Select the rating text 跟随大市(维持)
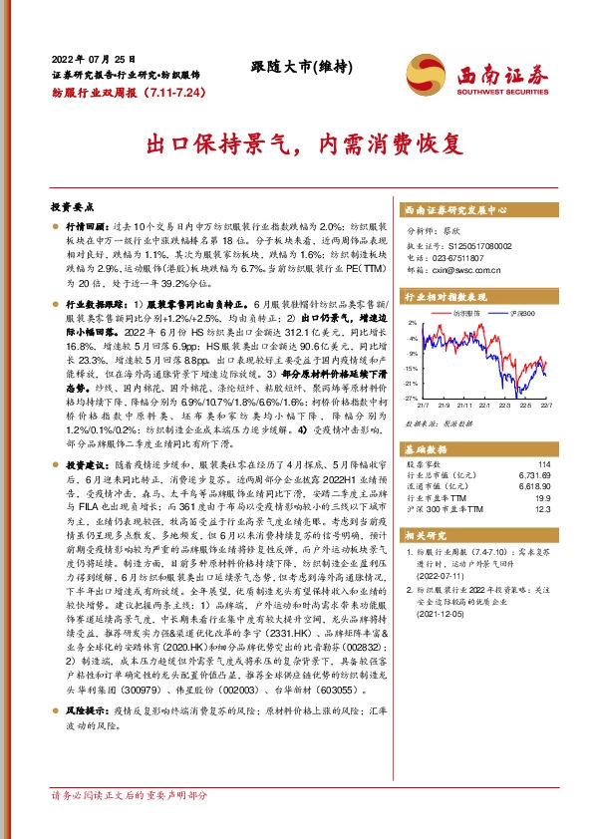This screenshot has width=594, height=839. coord(298,67)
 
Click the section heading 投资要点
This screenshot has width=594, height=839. coord(72,206)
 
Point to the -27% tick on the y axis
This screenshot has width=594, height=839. coord(412,399)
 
